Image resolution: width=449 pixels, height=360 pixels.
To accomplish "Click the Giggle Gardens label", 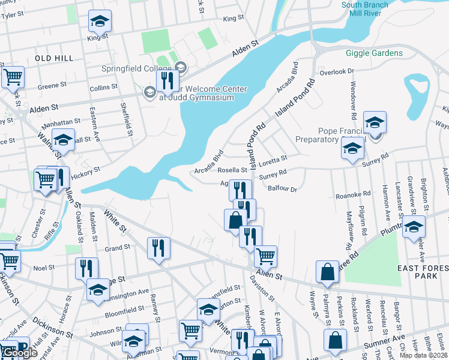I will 374,53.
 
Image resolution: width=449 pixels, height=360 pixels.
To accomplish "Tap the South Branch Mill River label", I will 364,9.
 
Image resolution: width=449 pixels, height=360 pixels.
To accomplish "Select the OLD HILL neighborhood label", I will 54,58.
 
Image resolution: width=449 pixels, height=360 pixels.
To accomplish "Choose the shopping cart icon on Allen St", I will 265,256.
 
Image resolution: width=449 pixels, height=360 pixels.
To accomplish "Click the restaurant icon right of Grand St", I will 158,247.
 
